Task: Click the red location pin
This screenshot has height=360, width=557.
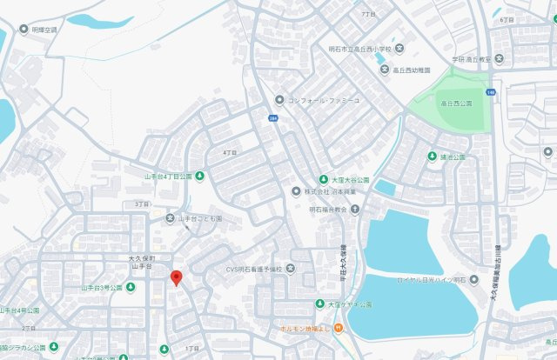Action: [176, 278]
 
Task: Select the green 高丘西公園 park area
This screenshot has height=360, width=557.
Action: [453, 104]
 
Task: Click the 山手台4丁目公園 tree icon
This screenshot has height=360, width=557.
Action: [200, 176]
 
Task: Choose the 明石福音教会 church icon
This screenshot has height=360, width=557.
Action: [355, 210]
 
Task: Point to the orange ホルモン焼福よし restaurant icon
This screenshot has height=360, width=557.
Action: [339, 328]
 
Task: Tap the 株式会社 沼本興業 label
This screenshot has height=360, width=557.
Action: [328, 191]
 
